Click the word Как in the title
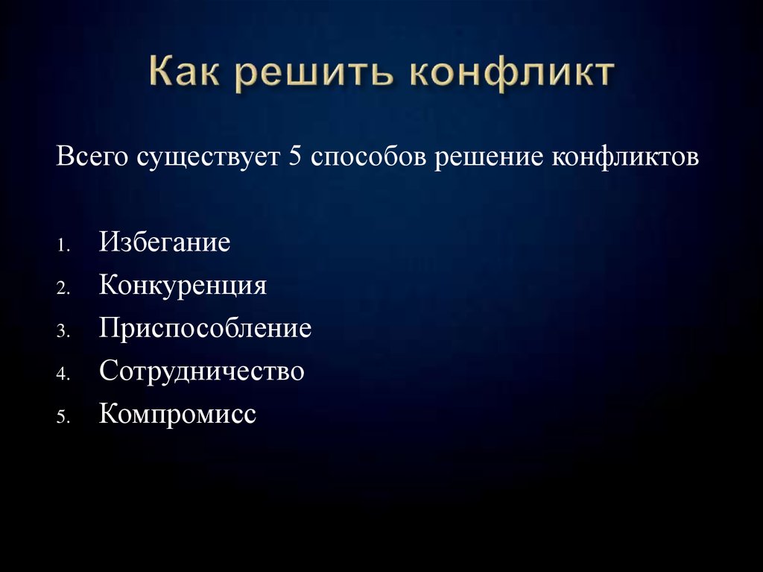[184, 71]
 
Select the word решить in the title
[314, 74]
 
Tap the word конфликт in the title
[512, 74]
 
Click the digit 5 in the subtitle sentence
[295, 156]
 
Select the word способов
[368, 156]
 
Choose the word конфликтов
[625, 157]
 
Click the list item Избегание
[165, 241]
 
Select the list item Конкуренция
[183, 285]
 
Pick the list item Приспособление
[206, 327]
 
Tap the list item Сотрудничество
[202, 371]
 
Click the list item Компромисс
[177, 414]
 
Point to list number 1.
[63, 245]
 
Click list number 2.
[63, 289]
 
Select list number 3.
[63, 331]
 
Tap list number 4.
[63, 374]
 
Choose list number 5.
[63, 417]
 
